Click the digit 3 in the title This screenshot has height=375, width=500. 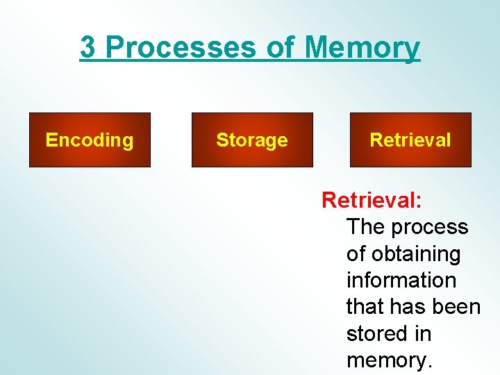pyautogui.click(x=88, y=47)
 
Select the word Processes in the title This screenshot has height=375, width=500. pyautogui.click(x=182, y=47)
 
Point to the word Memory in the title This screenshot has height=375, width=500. pyautogui.click(x=362, y=47)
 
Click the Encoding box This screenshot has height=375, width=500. pyautogui.click(x=90, y=140)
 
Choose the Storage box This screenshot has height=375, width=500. pyautogui.click(x=252, y=140)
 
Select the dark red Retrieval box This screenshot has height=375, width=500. pyautogui.click(x=410, y=140)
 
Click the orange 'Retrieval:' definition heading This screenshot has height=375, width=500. pyautogui.click(x=372, y=201)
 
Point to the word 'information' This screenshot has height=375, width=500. pyautogui.click(x=401, y=281)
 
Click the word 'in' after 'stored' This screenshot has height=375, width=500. pyautogui.click(x=424, y=334)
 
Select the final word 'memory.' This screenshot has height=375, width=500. pyautogui.click(x=389, y=360)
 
